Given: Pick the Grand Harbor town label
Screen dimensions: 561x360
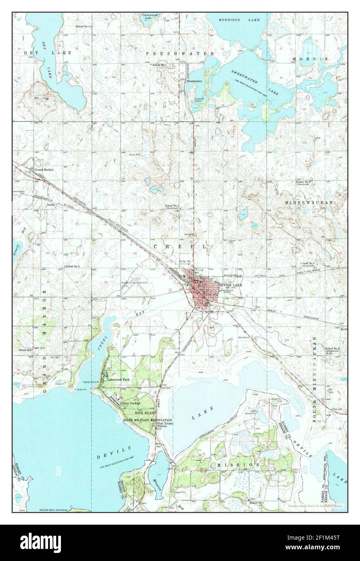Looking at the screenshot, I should [x=44, y=170].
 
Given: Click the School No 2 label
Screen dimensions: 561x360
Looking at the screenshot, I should [x=73, y=267].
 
